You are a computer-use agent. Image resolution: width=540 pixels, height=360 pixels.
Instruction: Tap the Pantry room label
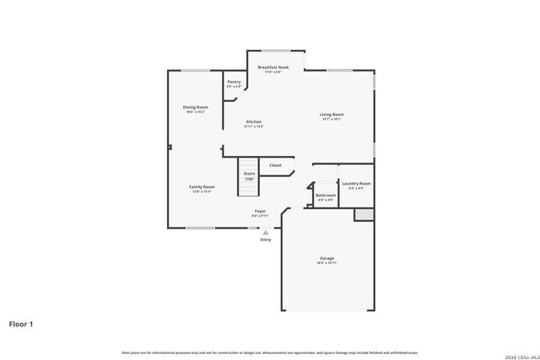pos(233,82)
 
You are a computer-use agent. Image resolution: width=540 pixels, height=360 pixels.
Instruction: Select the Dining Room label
pos(196,107)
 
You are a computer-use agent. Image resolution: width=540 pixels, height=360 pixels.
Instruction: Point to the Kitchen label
pos(254,121)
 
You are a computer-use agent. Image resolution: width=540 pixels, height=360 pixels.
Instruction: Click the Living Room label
pos(331,114)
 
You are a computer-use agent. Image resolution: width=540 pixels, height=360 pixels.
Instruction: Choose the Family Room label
pos(202,186)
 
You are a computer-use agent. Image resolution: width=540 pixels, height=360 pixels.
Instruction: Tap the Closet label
pos(275,165)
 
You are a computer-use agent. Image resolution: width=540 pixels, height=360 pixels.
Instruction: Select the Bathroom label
pos(326,195)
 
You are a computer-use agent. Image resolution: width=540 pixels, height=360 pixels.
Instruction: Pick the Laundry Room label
pos(355,183)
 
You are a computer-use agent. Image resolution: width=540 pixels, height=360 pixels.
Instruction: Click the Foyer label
pos(260,211)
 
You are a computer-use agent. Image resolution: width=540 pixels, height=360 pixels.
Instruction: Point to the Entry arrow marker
pos(266,231)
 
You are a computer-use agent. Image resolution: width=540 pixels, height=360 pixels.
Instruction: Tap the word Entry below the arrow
pos(266,239)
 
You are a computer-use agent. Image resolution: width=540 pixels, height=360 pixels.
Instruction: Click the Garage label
pos(327,258)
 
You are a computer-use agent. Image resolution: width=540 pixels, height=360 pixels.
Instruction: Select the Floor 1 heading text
pos(21,323)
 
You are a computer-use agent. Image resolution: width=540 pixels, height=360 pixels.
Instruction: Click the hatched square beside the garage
pos(363,214)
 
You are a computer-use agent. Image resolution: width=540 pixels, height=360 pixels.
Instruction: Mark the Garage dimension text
pos(327,263)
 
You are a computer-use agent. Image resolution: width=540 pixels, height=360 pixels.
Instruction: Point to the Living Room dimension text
pos(331,119)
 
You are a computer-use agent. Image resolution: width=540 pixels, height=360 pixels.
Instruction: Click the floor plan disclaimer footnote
pos(269,352)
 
